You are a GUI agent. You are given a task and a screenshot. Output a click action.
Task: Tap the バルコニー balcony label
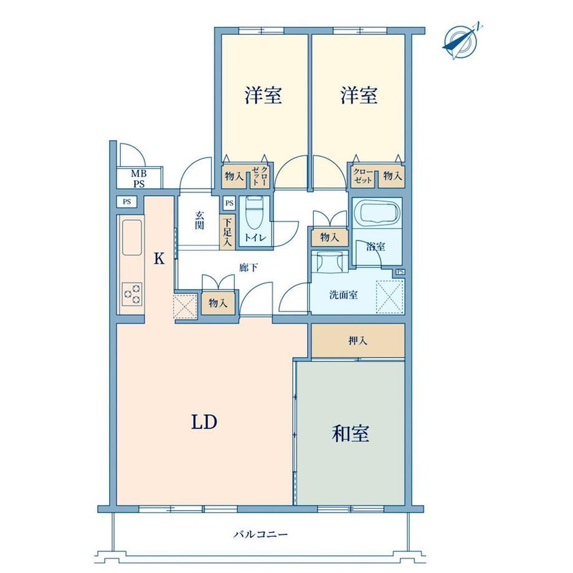tap(260, 535)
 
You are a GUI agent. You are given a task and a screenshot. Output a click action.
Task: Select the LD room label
tap(204, 422)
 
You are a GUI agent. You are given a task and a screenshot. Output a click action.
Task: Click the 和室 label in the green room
tap(350, 433)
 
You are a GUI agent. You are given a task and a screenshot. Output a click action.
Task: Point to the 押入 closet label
tap(358, 341)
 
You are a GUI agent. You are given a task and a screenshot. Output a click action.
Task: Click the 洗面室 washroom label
tap(343, 295)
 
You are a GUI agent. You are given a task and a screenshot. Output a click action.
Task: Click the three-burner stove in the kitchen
tap(132, 293)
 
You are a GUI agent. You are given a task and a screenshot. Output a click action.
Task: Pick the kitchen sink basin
tap(131, 237)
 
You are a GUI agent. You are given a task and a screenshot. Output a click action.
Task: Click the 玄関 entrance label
tap(199, 220)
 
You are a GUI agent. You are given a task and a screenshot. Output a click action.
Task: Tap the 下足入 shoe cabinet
tap(227, 232)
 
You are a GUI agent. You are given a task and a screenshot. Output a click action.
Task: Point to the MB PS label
tap(138, 179)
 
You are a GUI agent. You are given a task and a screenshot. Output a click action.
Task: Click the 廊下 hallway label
tap(249, 268)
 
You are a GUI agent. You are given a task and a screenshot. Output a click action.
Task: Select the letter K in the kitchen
tap(159, 258)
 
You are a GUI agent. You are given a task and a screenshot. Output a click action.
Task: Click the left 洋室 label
tap(263, 95)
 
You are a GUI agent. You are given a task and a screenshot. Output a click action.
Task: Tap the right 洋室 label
tap(359, 95)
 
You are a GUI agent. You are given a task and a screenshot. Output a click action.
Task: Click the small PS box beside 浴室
tap(400, 272)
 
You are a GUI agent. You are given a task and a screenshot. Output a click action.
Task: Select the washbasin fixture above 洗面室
tap(329, 262)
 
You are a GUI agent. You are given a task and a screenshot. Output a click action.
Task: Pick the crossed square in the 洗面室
tap(389, 296)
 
